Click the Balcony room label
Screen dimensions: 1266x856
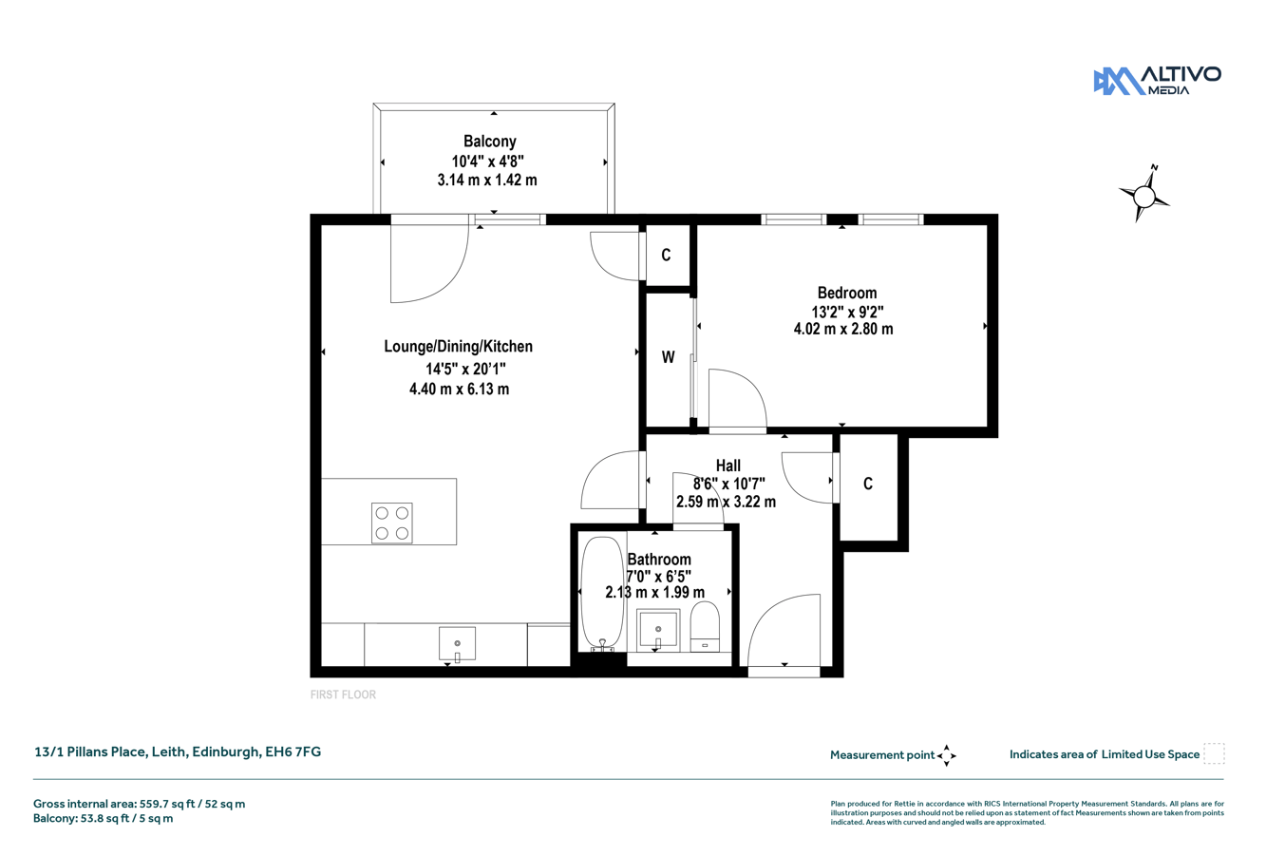(x=489, y=141)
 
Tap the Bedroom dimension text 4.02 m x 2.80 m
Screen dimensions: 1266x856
(x=843, y=329)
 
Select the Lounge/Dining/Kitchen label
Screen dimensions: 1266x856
(x=458, y=346)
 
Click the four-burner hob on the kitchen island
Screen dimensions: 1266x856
(x=391, y=523)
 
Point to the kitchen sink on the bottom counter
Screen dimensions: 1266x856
(x=457, y=644)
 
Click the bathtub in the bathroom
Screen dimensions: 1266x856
(x=602, y=594)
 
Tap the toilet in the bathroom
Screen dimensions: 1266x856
(x=705, y=626)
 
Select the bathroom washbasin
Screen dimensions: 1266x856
(x=658, y=631)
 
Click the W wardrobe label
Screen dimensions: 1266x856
(x=668, y=357)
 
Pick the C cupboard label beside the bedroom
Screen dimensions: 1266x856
(x=667, y=255)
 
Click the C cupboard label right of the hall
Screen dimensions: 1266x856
(x=868, y=484)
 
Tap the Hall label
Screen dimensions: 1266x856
(x=727, y=466)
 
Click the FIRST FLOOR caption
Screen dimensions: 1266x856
(x=343, y=694)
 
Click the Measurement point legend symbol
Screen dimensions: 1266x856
(x=947, y=755)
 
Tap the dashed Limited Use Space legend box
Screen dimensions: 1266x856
(x=1214, y=753)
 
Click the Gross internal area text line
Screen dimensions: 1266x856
(x=139, y=804)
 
